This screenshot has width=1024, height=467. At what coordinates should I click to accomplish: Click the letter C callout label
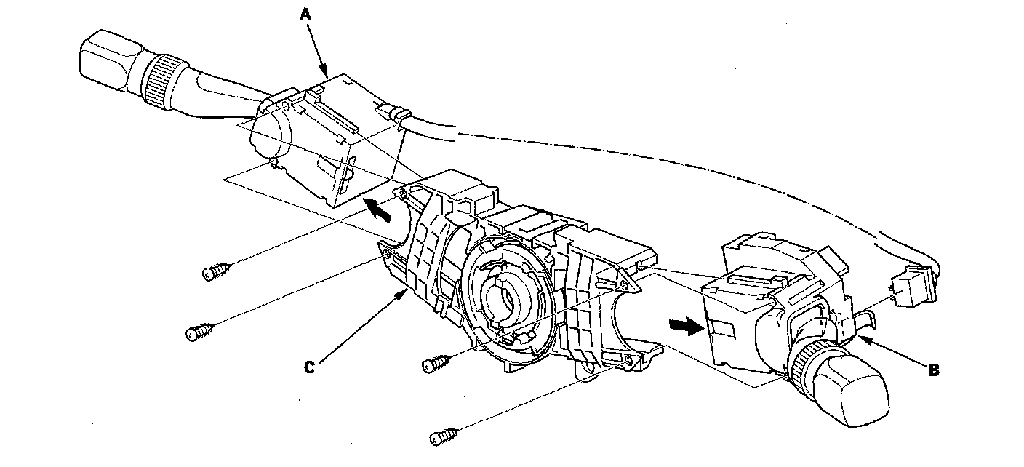tap(309, 368)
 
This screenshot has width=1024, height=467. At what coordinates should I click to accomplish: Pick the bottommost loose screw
tap(443, 436)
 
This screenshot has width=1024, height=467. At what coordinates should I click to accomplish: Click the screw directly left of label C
tap(198, 334)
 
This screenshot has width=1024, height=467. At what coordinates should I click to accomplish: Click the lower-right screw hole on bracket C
tap(627, 359)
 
